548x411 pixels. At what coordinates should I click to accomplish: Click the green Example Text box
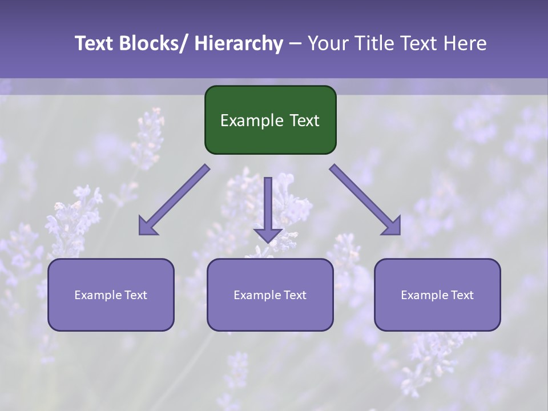[270, 120]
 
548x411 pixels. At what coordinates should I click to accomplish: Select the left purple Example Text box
[111, 295]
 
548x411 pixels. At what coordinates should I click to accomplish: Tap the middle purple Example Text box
[270, 295]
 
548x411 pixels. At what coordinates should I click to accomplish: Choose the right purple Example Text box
[437, 295]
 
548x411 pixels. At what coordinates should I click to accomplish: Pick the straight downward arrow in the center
[268, 208]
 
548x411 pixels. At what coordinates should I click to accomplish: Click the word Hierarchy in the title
[239, 43]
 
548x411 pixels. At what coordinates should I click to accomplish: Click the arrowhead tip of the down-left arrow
[140, 233]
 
